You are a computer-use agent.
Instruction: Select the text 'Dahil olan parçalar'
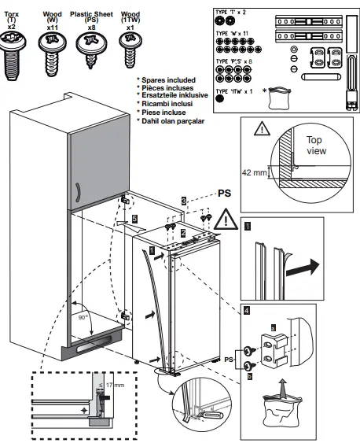[x=171, y=120]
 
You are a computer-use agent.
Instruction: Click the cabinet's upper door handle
[x=77, y=190]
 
